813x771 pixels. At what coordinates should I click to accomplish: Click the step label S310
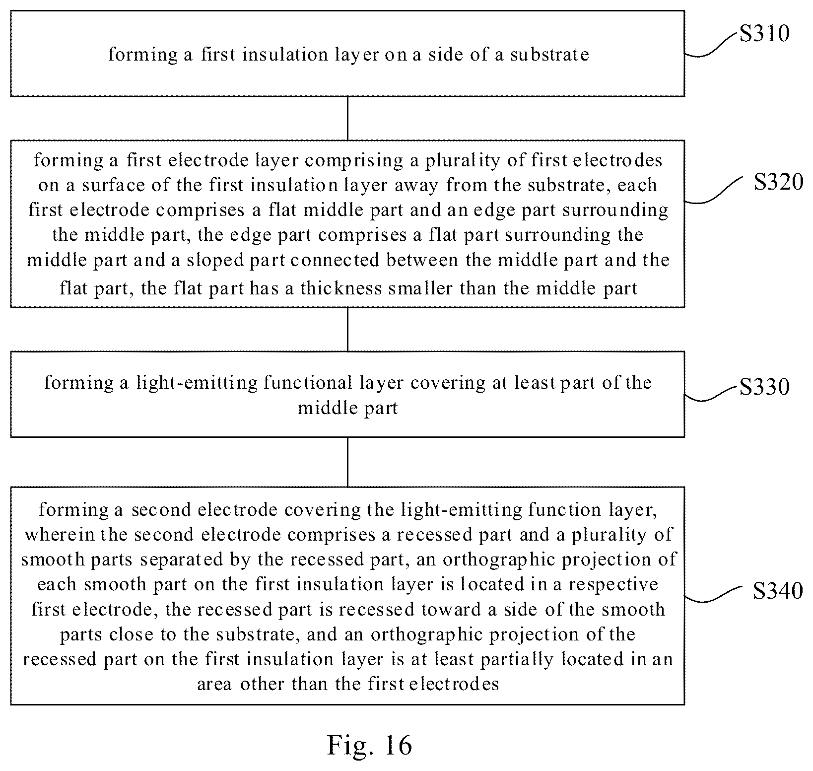coord(764,34)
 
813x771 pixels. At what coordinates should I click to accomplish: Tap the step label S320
coord(778,182)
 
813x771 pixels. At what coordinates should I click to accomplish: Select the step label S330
coord(764,387)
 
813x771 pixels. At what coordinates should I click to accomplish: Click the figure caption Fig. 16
coord(370,745)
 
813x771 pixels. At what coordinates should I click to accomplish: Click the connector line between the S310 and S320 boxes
coord(347,118)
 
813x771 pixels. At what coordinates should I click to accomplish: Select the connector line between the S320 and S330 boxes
coord(347,329)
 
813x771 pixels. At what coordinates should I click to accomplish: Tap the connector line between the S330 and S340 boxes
coord(347,462)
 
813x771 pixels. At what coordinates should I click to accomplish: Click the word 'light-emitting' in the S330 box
coord(197,383)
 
